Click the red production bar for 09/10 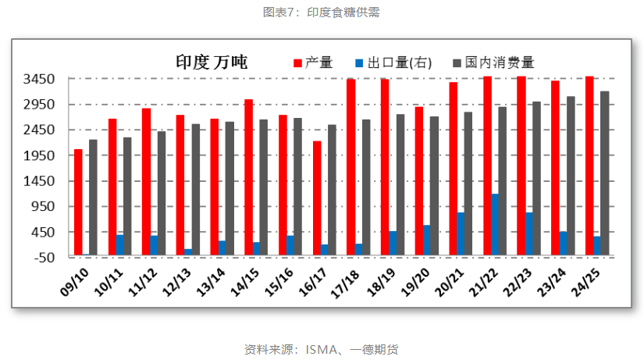[x=78, y=201]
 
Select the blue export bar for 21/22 [x=495, y=224]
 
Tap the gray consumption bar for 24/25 [x=605, y=173]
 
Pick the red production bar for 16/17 [x=317, y=198]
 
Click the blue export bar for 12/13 [x=188, y=251]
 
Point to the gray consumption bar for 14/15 [x=264, y=187]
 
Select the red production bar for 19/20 [x=419, y=180]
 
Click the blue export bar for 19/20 [x=426, y=240]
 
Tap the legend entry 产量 [x=313, y=62]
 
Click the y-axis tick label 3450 [x=40, y=79]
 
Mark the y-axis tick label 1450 [x=40, y=181]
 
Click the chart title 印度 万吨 [x=211, y=62]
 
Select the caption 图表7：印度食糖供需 [x=322, y=12]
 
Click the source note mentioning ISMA [x=322, y=349]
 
